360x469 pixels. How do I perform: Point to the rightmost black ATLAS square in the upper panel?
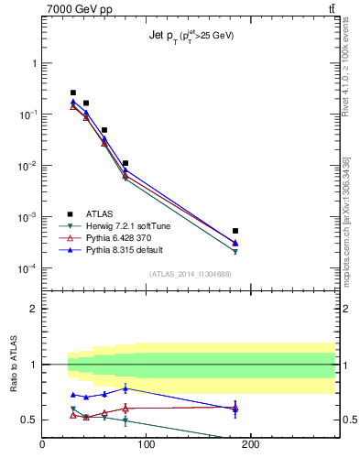[x=235, y=231]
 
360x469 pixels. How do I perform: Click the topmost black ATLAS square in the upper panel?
[x=73, y=93]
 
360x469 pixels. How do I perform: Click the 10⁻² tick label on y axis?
[x=28, y=166]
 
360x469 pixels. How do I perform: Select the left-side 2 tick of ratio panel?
[x=34, y=309]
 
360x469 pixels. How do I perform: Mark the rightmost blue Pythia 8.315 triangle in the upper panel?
[x=235, y=243]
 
